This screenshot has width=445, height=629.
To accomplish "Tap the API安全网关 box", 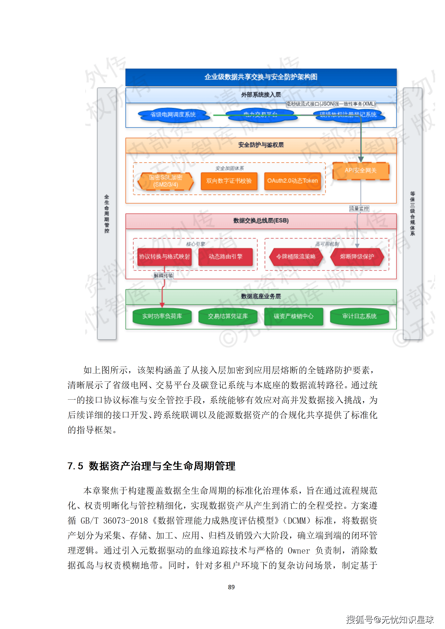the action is (x=360, y=171).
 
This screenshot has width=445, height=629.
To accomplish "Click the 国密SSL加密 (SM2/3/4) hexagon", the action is (x=166, y=181).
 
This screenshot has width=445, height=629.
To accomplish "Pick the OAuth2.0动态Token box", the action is (x=292, y=181).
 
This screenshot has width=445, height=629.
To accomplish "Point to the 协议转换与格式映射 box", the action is (x=164, y=257).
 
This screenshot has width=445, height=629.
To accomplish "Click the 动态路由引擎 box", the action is (x=226, y=257).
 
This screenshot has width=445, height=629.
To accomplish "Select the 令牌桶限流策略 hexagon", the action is (x=296, y=257).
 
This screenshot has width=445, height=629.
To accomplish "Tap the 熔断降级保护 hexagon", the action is (x=357, y=257).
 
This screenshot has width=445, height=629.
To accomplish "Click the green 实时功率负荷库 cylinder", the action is (x=162, y=316).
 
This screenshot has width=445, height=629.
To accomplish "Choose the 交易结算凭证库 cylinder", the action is (x=228, y=316).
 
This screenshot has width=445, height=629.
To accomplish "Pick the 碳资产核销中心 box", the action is (x=293, y=316).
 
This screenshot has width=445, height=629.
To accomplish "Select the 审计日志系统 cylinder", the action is (x=359, y=316).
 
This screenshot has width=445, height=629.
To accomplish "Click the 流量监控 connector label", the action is (x=359, y=209).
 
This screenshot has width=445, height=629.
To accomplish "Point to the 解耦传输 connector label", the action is (x=164, y=276).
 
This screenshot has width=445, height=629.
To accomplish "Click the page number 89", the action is (x=231, y=587).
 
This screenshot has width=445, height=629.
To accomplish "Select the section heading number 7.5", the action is (x=75, y=466).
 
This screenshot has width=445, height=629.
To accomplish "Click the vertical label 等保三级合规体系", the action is (x=412, y=214).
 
